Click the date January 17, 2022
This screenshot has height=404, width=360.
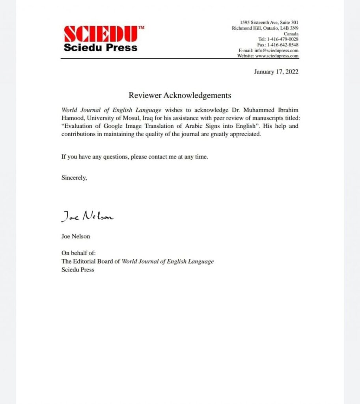coord(276,71)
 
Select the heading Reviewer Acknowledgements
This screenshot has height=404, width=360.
coord(180,95)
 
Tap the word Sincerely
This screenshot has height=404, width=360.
coord(74,178)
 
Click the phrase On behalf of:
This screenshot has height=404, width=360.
coord(78,253)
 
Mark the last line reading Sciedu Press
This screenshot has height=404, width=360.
coord(78,270)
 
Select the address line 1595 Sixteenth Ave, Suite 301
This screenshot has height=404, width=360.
coord(269,22)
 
